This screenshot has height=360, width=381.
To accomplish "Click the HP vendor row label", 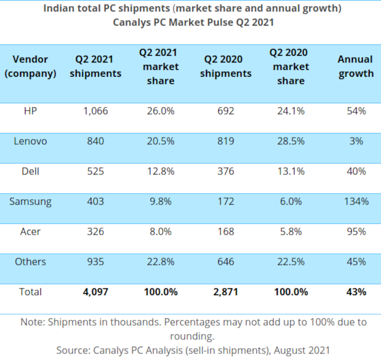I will point(30,111).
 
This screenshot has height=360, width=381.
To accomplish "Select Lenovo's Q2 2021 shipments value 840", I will point(95,141).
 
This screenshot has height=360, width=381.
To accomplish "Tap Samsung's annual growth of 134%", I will point(356,202).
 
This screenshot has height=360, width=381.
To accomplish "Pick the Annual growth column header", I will point(356,66).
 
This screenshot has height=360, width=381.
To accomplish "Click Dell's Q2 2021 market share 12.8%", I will point(160,171).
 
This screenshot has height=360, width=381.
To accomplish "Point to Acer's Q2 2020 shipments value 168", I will point(225,231).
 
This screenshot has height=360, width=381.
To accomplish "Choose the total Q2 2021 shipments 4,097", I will point(95,292).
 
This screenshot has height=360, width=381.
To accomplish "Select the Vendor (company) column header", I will point(30,66).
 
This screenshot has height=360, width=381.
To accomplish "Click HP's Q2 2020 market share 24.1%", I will point(291,111).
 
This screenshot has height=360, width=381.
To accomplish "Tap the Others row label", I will point(30,262).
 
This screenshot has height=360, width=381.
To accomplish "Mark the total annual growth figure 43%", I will point(356,292).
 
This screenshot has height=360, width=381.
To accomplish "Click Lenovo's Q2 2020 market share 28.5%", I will point(291,141).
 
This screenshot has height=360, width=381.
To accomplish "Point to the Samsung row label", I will point(30,202).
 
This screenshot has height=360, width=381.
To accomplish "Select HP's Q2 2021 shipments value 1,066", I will point(95,111).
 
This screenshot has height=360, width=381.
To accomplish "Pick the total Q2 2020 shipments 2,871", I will point(225,292).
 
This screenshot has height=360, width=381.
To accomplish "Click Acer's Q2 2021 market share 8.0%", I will point(160,231).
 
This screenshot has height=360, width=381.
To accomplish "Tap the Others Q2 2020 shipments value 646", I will point(225,262).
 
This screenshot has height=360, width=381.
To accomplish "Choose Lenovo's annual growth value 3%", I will point(356,141).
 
